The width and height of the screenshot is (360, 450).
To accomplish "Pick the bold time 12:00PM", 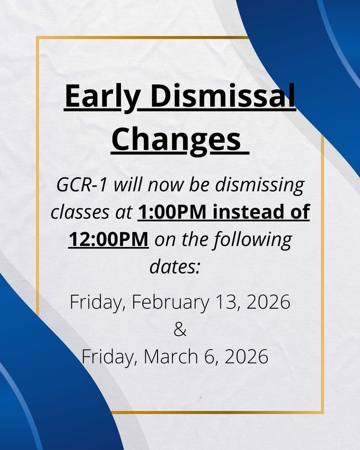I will pyautogui.click(x=109, y=238).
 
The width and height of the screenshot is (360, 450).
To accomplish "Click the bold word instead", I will pyautogui.click(x=244, y=211).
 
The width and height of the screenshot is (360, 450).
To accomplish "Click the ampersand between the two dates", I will pyautogui.click(x=179, y=329).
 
